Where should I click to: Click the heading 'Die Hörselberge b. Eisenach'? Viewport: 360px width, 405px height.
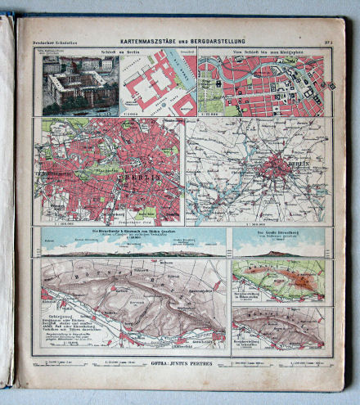[131, 231]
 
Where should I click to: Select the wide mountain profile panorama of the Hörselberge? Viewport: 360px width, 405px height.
[131, 245]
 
